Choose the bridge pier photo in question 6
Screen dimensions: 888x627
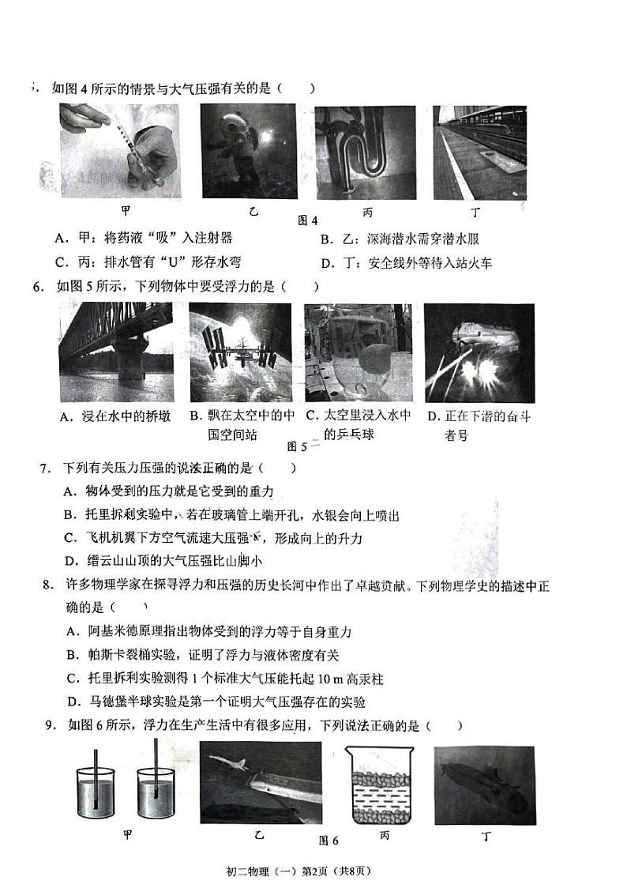[115, 352]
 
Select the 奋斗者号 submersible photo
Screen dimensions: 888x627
[468, 352]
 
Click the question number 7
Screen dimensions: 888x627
[45, 468]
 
